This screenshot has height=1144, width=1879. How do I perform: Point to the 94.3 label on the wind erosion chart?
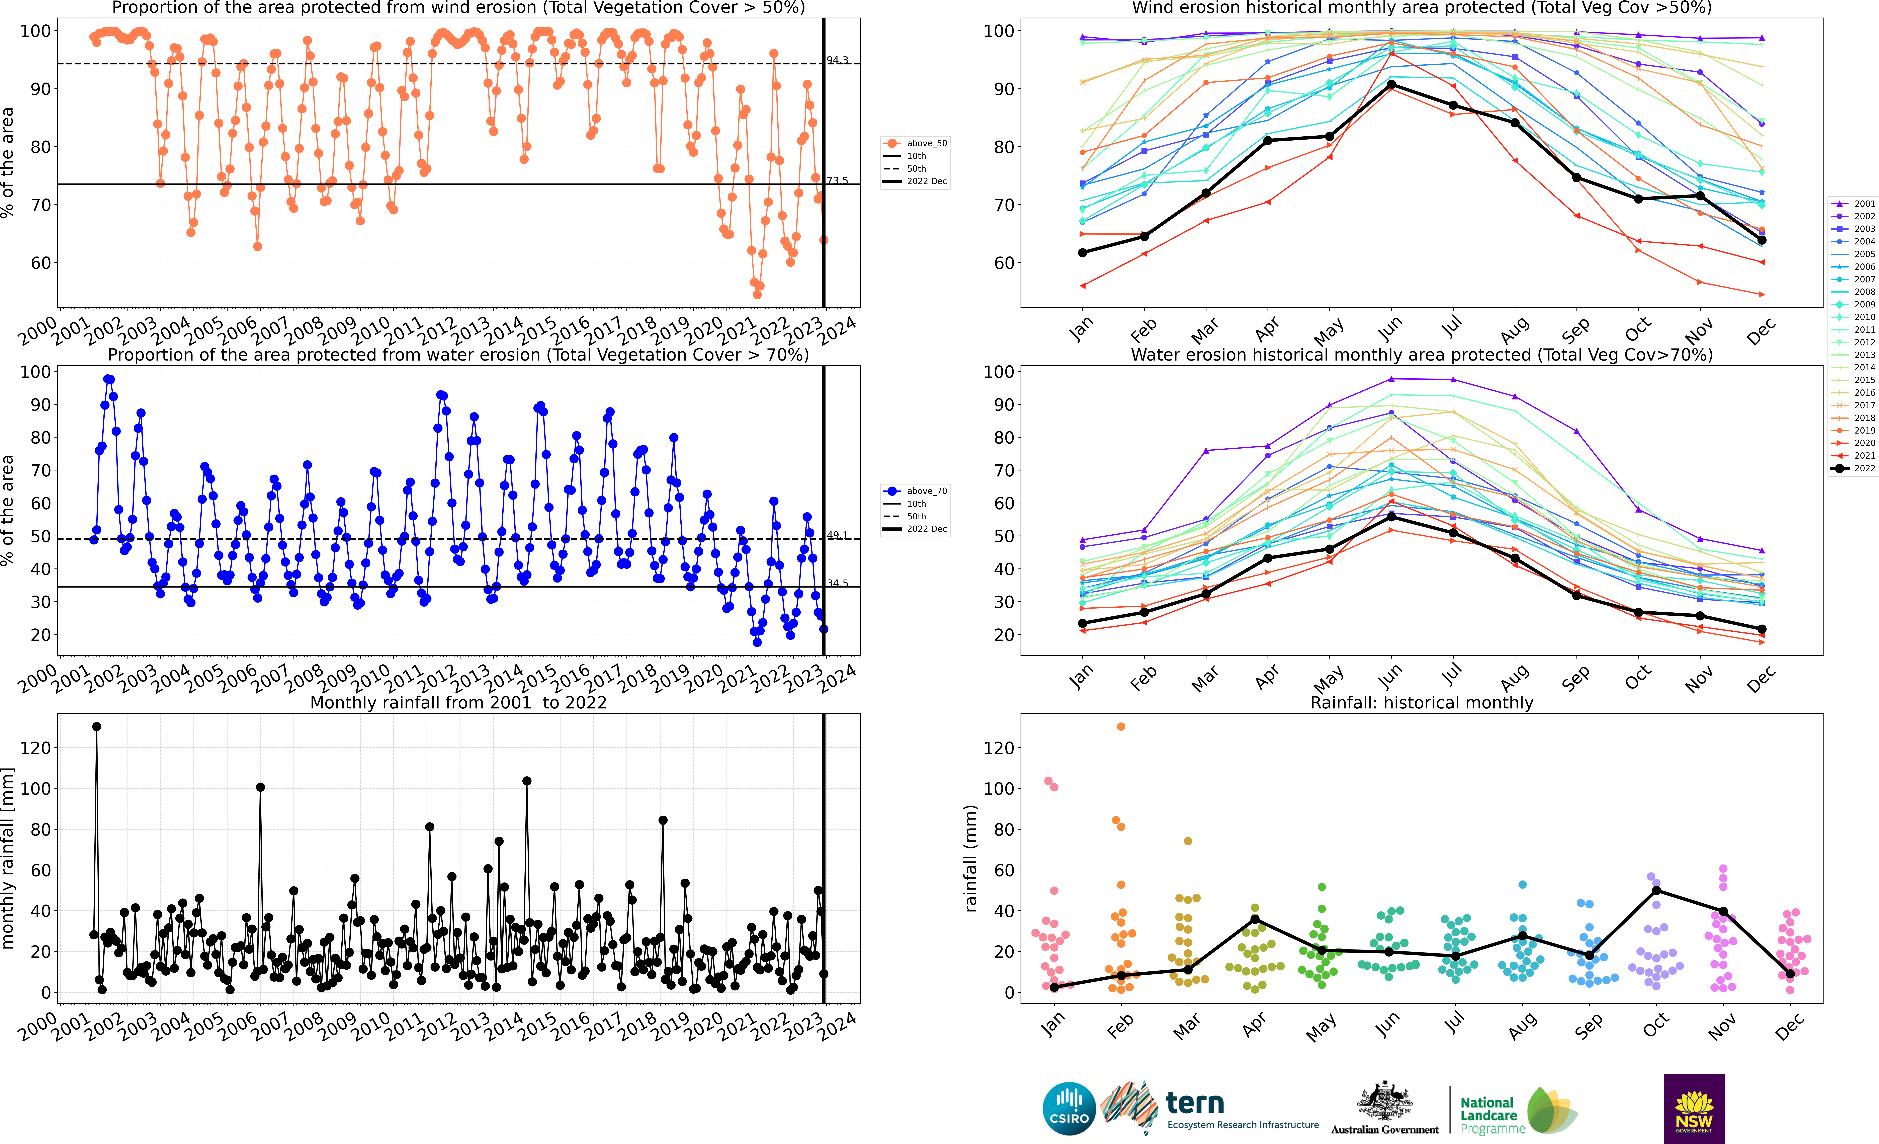click(x=837, y=60)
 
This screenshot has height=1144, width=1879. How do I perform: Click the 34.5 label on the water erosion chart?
click(x=837, y=584)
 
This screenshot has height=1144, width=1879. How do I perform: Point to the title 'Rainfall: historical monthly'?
click(x=1422, y=702)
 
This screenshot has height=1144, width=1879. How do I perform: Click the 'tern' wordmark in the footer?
click(x=1195, y=1103)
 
